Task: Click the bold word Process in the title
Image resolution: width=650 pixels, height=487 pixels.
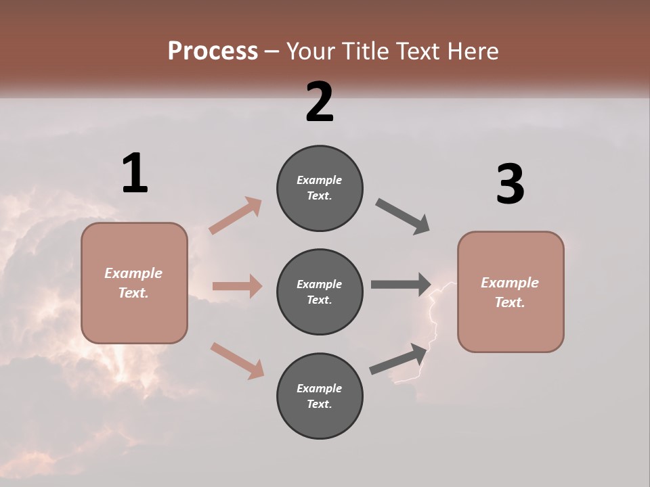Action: coord(213,51)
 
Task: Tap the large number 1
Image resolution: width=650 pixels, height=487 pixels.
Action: coord(135,173)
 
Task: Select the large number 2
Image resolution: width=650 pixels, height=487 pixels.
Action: coord(320,102)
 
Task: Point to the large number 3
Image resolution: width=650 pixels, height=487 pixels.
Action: coord(510,185)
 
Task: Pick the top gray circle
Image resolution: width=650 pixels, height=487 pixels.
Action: coord(320,188)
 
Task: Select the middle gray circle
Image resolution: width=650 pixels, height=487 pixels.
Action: coord(320,292)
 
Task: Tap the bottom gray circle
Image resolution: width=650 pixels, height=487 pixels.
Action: coord(320,396)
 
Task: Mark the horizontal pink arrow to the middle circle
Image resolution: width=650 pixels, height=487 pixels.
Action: coord(237,286)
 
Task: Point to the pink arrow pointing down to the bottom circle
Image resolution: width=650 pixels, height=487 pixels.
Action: coord(237,360)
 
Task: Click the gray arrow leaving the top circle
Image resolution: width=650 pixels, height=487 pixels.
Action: coord(403,216)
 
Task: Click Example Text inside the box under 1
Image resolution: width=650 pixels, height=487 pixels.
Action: coord(133,283)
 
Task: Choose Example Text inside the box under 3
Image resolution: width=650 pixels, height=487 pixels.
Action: coord(510,292)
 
